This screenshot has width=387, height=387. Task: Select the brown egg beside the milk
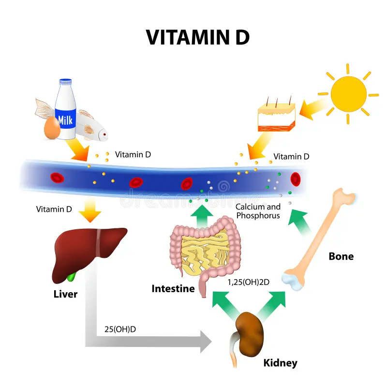pos(52,128)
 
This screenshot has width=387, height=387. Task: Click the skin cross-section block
pos(276,114)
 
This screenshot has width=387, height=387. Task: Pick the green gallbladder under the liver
pos(72,277)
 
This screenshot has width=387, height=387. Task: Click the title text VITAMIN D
pos(198,37)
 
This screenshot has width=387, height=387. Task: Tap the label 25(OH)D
pos(120,329)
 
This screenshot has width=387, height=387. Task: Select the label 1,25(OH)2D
pos(248,280)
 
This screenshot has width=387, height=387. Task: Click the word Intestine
pos(173,289)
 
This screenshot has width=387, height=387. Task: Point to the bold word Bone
pos(341,256)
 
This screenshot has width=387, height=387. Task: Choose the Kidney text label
pos(280,363)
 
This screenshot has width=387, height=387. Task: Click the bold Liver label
pos(65,294)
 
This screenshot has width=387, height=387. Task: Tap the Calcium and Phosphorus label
pos(258,211)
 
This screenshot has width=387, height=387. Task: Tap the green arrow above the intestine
pos(200,213)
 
